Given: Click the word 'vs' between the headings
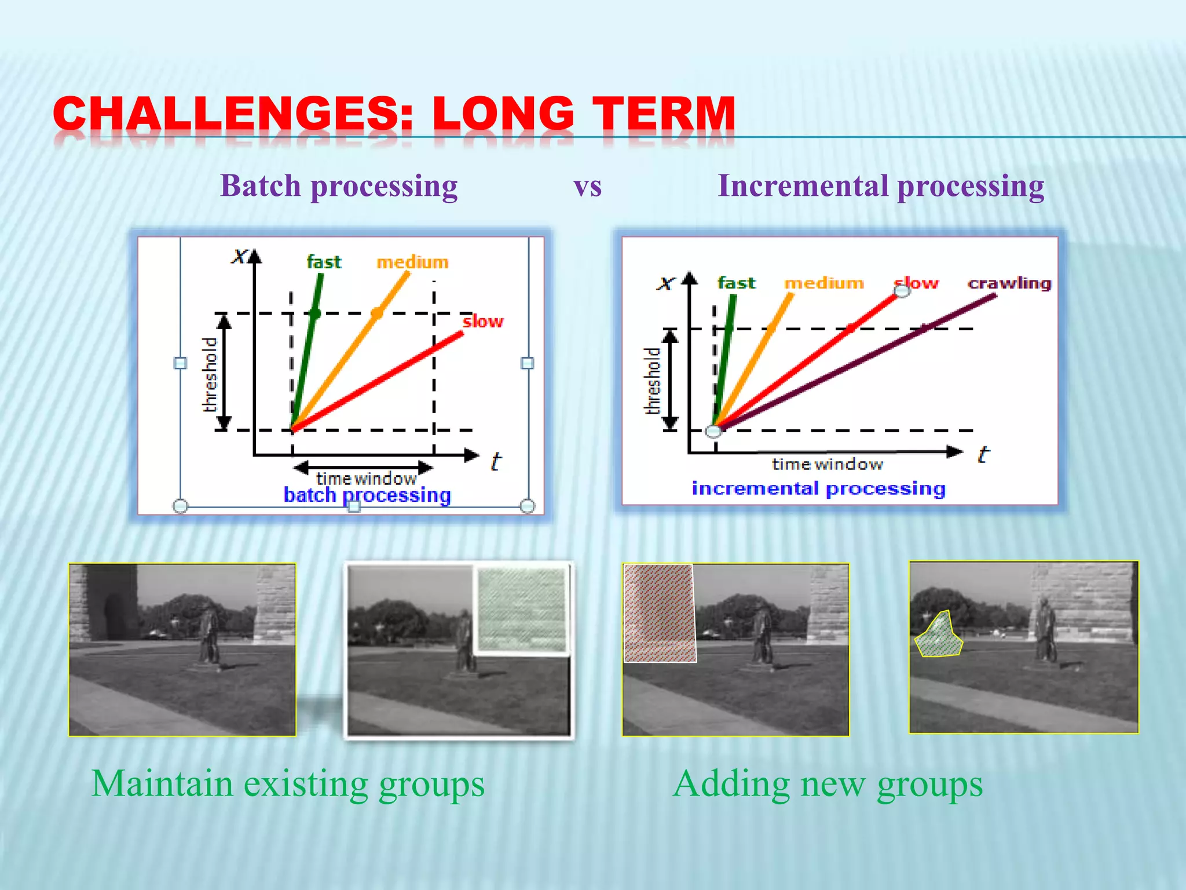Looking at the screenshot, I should [x=587, y=187].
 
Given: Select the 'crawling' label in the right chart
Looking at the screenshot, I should [x=1009, y=283].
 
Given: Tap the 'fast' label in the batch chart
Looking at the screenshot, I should [x=324, y=262].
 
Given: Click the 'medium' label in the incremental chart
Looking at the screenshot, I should [x=823, y=283].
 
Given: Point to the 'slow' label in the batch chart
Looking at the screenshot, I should [x=482, y=321].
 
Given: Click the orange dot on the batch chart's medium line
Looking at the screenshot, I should [x=376, y=313].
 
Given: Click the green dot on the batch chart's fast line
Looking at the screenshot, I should [x=314, y=313].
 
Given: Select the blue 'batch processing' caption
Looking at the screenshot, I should [x=367, y=495].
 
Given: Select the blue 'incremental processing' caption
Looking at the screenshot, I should [x=818, y=488].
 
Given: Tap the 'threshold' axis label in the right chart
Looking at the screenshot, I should [x=653, y=381].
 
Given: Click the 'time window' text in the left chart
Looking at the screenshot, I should [x=366, y=479].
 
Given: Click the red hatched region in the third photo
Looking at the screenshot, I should [x=659, y=612].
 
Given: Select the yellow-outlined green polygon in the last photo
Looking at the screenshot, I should [x=938, y=636].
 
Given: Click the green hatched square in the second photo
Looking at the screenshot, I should [x=522, y=608].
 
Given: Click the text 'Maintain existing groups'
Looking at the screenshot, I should [x=288, y=784].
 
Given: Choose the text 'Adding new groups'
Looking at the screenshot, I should [x=828, y=784].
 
